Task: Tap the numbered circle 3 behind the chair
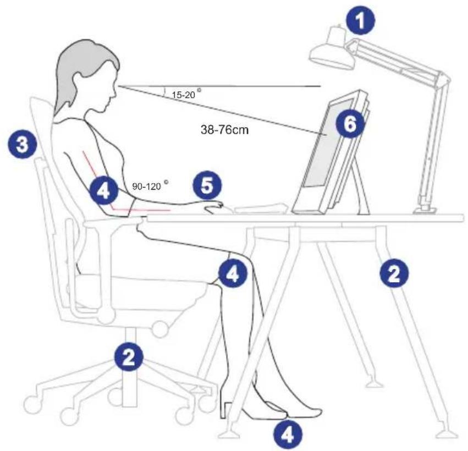point(23,145)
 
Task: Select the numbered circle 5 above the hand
point(207,186)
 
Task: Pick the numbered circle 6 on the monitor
point(350,124)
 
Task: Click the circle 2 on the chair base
point(129,357)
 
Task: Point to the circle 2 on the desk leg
point(394,273)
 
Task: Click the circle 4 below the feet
point(288,434)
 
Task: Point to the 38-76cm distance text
point(225,130)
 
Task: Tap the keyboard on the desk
point(261,208)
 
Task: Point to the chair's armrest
point(114,221)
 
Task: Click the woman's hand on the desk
point(214,207)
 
